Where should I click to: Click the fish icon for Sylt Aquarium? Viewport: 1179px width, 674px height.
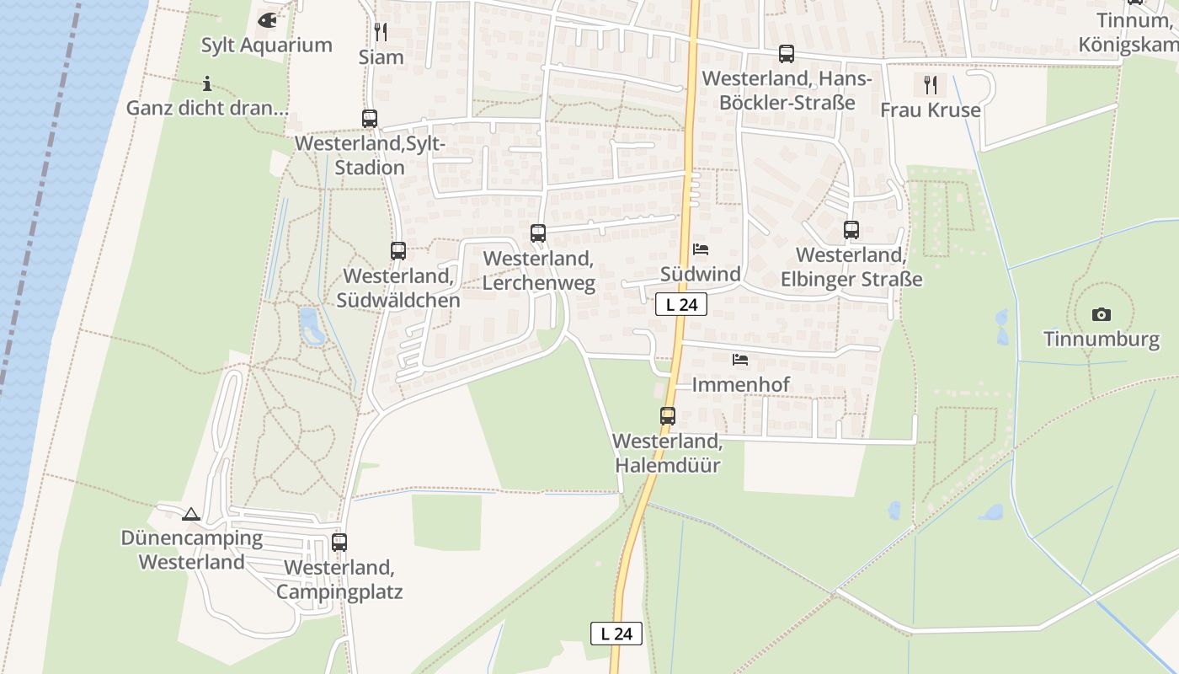click(267, 19)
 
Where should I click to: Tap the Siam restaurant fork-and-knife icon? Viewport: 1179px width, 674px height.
click(381, 32)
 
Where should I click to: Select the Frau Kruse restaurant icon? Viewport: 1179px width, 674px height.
click(930, 84)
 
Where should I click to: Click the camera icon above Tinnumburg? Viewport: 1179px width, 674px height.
click(1101, 314)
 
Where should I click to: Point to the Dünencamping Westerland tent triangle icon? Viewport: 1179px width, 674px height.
click(191, 514)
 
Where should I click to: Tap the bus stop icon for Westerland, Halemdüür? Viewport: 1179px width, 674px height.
click(667, 415)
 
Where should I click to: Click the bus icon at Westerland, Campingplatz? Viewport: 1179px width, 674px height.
click(339, 542)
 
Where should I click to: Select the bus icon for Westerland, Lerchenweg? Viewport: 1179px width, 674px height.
click(538, 233)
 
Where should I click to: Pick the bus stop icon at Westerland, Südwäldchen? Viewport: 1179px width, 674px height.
click(398, 250)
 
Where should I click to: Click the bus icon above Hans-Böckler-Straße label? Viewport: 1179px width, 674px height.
click(787, 54)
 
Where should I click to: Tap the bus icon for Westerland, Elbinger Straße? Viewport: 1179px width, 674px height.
click(851, 229)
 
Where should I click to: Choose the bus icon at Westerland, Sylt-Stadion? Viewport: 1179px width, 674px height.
click(370, 119)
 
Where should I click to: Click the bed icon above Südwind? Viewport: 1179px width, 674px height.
click(701, 249)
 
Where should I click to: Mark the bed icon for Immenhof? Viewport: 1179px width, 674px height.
click(740, 360)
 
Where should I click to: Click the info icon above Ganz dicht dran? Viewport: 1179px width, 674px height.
click(207, 83)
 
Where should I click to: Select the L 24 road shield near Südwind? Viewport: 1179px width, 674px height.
click(681, 305)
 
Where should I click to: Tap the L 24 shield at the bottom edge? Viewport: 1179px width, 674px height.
click(616, 634)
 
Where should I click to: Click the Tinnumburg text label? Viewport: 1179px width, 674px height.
click(1102, 340)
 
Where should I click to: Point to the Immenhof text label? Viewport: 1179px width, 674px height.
click(740, 385)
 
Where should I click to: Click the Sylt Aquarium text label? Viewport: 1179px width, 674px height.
click(266, 45)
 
